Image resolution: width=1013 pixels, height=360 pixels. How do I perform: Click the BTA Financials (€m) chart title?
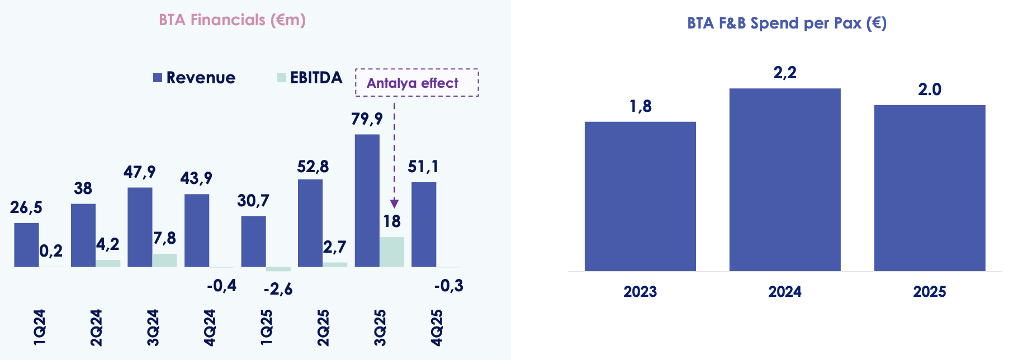click(232, 20)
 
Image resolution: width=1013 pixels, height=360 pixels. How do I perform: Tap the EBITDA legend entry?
click(310, 78)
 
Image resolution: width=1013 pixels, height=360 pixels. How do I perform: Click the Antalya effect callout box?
click(416, 83)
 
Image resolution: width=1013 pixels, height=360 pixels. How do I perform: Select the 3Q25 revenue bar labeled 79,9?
click(367, 201)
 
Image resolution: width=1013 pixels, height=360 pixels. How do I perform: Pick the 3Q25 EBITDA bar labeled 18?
click(391, 252)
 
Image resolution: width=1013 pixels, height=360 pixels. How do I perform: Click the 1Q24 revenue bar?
click(26, 245)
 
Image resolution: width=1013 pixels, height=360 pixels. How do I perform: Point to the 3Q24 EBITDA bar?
click(164, 260)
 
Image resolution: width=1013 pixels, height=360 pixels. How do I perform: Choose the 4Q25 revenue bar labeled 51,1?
click(424, 224)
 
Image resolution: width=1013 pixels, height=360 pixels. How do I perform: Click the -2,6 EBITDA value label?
click(278, 289)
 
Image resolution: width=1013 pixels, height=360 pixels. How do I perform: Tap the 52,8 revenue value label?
click(313, 167)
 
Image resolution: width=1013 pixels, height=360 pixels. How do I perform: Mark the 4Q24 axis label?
click(209, 328)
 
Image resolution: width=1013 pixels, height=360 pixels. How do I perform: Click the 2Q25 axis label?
click(323, 328)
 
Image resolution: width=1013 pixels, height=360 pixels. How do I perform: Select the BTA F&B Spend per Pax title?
click(787, 23)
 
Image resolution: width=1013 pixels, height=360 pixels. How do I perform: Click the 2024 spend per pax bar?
click(784, 179)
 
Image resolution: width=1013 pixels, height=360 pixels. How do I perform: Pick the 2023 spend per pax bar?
click(640, 196)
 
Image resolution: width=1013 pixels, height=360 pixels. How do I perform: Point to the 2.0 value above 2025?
click(929, 89)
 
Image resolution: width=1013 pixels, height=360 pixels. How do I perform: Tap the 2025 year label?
click(929, 291)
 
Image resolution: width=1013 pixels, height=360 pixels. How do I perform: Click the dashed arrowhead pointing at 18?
click(394, 203)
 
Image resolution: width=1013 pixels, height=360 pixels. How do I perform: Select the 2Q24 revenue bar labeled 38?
click(83, 235)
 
